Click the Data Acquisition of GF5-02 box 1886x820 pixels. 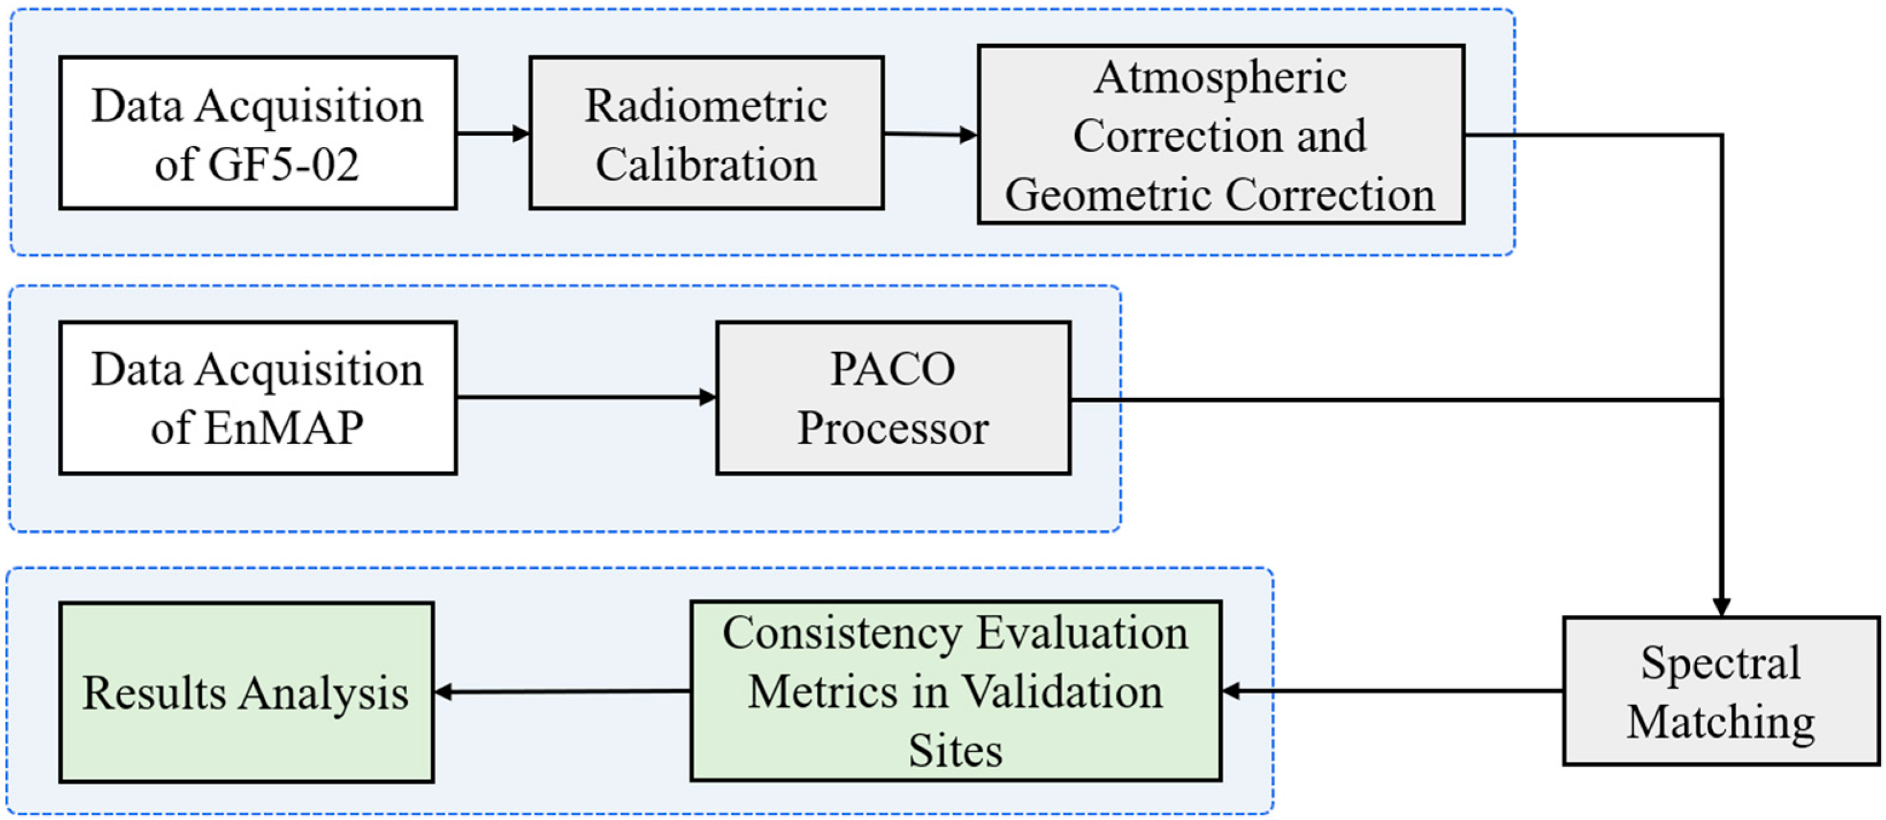[x=258, y=133]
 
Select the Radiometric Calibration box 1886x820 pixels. [x=706, y=133]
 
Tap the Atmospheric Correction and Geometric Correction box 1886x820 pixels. [x=1220, y=135]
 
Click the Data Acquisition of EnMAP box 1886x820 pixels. [x=258, y=398]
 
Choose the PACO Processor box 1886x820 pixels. [x=892, y=398]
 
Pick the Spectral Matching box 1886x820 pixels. [x=1721, y=692]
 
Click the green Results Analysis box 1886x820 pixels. [x=246, y=692]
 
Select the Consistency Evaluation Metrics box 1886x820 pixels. [x=955, y=691]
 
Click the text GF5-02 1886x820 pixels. [x=283, y=164]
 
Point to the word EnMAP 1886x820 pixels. [x=283, y=428]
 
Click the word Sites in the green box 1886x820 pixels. [x=955, y=750]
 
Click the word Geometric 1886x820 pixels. [x=1109, y=195]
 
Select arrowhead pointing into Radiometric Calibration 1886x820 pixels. [x=522, y=134]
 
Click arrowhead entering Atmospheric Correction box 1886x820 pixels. [x=969, y=135]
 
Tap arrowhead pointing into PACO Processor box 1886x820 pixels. [x=708, y=398]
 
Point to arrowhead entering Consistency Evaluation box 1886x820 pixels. [x=1231, y=690]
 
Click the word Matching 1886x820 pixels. [x=1721, y=722]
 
